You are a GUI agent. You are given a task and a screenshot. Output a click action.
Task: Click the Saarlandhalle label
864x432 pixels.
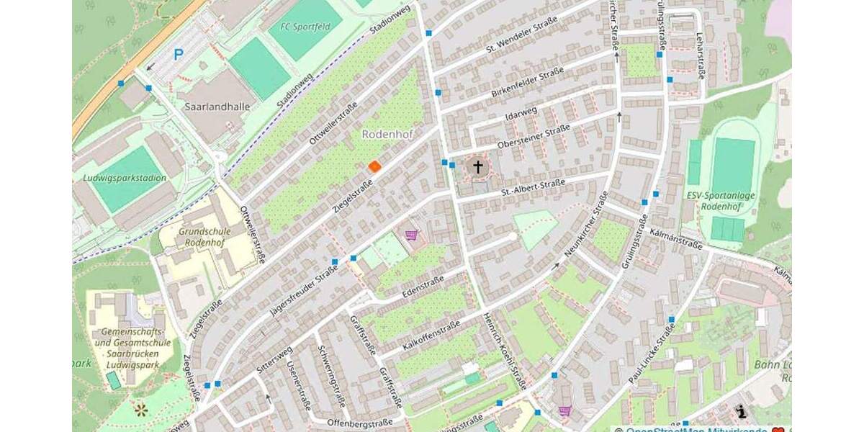[217, 107]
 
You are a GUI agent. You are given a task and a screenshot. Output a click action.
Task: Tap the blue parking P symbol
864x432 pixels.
[178, 54]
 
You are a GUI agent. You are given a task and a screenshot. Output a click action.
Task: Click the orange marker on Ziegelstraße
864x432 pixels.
[374, 166]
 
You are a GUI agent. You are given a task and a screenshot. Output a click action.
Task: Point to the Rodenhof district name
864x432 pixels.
[387, 134]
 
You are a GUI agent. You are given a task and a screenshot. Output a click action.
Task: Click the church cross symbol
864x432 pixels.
[477, 167]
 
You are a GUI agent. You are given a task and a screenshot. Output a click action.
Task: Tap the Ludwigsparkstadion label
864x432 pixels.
[125, 178]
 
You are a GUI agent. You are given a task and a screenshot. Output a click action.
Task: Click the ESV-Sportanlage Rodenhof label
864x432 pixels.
[720, 199]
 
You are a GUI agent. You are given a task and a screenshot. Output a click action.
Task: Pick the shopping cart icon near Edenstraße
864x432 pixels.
[411, 235]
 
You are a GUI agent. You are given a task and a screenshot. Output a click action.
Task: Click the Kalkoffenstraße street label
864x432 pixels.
[431, 336]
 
